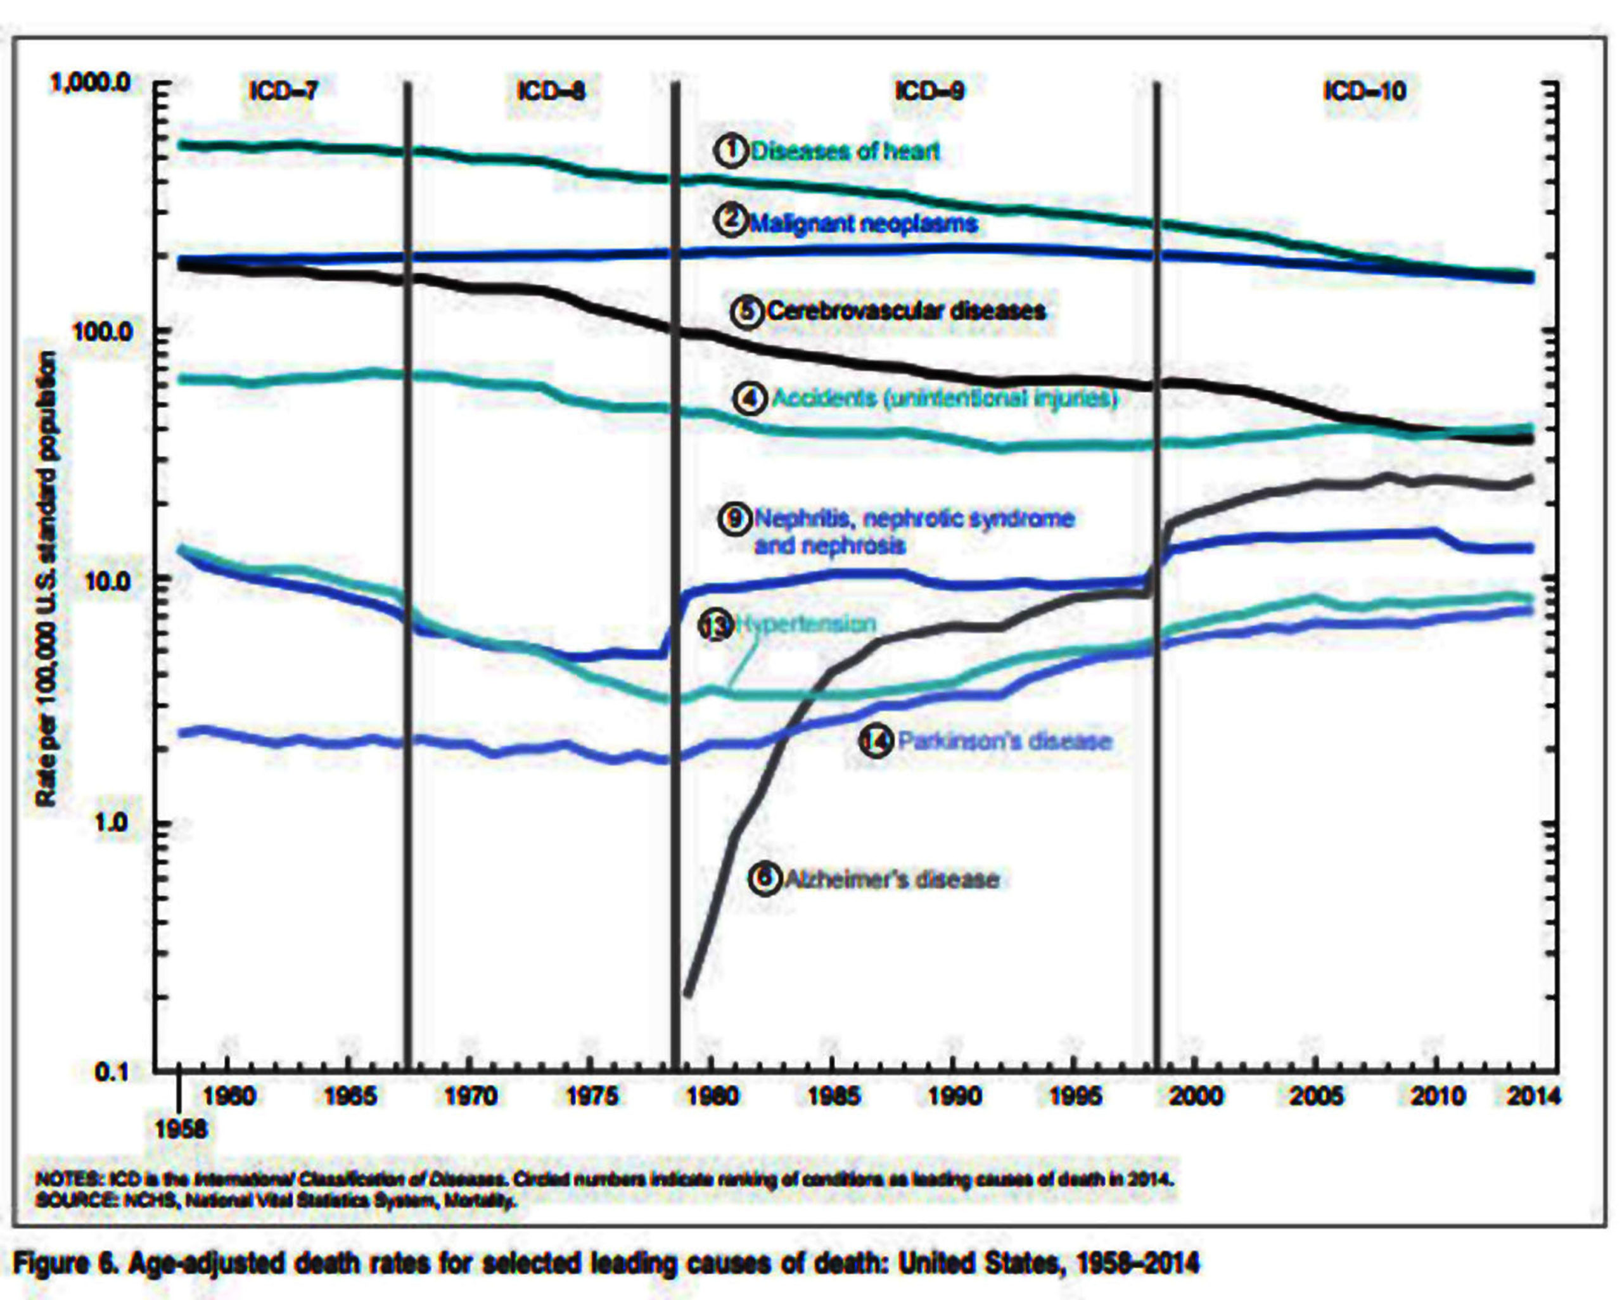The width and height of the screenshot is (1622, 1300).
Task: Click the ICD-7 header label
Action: click(x=284, y=91)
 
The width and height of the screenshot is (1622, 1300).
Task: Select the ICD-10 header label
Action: click(x=1364, y=91)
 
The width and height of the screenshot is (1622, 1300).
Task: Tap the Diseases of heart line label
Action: click(x=845, y=151)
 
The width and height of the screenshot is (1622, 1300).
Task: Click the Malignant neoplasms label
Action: click(x=863, y=223)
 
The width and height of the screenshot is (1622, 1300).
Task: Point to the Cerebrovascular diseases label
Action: click(x=906, y=310)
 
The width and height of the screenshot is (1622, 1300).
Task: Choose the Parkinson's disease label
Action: click(x=1004, y=741)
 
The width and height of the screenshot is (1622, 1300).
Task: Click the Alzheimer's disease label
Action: click(x=892, y=879)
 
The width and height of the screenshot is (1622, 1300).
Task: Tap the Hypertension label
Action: click(x=806, y=623)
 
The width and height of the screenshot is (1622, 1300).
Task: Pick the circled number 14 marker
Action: click(x=875, y=742)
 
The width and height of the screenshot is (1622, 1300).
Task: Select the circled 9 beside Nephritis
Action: click(x=735, y=518)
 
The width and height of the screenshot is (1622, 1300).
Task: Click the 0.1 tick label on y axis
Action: click(x=113, y=1071)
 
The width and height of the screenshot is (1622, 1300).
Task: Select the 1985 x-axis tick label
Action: click(x=832, y=1096)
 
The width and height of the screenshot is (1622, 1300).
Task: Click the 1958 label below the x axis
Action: click(x=181, y=1129)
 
